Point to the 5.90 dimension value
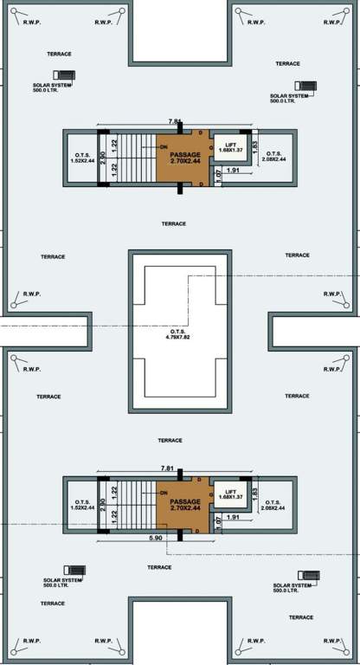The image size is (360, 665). click(x=156, y=539)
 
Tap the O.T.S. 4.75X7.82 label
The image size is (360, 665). click(x=179, y=336)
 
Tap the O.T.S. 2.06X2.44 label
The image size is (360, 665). click(x=274, y=504)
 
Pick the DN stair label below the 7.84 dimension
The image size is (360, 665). click(x=163, y=147)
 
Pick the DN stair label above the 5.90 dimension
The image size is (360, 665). click(x=163, y=493)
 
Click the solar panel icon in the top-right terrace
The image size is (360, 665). click(x=304, y=87)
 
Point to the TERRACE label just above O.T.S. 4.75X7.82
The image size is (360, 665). click(x=174, y=223)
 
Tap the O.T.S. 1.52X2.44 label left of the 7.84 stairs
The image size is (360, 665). click(x=83, y=158)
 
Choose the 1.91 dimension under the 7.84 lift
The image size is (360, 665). click(x=233, y=171)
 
